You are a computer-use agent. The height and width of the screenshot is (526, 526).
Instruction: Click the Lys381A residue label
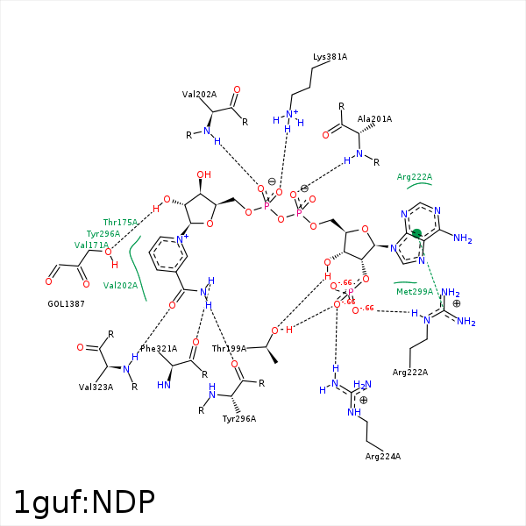click(x=331, y=57)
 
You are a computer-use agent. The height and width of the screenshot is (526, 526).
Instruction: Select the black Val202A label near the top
click(x=199, y=94)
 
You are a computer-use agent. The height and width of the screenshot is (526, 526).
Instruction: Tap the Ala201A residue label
click(x=374, y=118)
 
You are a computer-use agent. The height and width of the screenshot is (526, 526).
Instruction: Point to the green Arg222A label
click(x=415, y=177)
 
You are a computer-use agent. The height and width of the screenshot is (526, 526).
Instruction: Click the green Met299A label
click(x=415, y=291)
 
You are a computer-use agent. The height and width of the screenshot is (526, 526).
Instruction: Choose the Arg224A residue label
click(x=383, y=456)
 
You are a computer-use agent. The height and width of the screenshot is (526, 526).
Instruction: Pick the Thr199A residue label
click(x=230, y=349)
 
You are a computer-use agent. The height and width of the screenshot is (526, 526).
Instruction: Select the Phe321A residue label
click(x=159, y=349)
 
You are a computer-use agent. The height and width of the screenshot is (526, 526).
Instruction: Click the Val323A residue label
click(x=96, y=387)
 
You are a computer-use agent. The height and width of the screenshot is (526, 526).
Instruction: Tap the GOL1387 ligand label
click(x=67, y=303)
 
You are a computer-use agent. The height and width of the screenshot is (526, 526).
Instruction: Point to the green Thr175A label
click(x=120, y=223)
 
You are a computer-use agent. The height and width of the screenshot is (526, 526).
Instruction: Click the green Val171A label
click(x=92, y=245)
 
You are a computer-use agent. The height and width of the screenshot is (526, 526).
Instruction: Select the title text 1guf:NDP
click(x=84, y=501)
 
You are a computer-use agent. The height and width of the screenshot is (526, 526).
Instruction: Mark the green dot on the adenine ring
click(x=417, y=233)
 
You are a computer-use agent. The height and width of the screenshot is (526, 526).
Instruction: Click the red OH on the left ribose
click(x=203, y=175)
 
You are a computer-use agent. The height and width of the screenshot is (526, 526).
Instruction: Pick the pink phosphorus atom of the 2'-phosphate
click(x=349, y=294)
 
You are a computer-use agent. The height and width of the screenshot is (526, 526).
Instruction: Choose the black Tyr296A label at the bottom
click(x=239, y=418)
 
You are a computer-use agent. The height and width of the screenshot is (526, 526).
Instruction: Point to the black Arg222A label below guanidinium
click(x=410, y=373)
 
